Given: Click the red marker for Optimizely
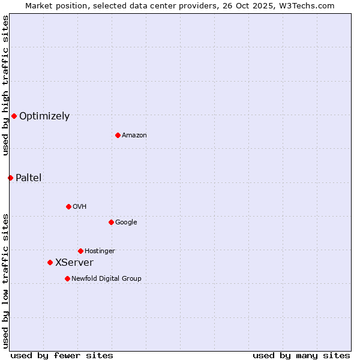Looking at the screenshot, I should [x=14, y=116].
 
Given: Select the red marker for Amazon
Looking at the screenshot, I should [x=118, y=135].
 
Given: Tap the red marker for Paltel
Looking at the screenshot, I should [x=10, y=178].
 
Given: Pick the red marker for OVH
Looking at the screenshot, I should [x=68, y=206].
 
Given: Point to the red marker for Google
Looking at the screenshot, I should [x=111, y=222].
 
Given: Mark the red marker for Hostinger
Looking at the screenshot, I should [x=80, y=251].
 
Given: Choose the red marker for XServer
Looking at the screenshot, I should [x=50, y=262].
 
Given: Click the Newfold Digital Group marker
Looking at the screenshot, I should [x=67, y=278].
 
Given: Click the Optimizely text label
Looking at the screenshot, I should [x=44, y=116].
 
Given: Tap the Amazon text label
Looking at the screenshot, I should [x=134, y=136].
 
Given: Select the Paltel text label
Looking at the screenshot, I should [x=29, y=178].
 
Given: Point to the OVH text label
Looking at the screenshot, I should [x=80, y=207].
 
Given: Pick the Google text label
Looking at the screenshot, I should [x=126, y=223].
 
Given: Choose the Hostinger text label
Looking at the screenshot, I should [x=100, y=251].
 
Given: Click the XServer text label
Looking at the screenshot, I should [x=74, y=263].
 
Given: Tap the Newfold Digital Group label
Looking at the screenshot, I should [x=106, y=279].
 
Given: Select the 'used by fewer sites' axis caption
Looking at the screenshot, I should [x=62, y=355].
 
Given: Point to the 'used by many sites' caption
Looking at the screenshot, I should [x=301, y=355].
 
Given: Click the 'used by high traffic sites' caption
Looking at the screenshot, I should [x=5, y=85].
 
